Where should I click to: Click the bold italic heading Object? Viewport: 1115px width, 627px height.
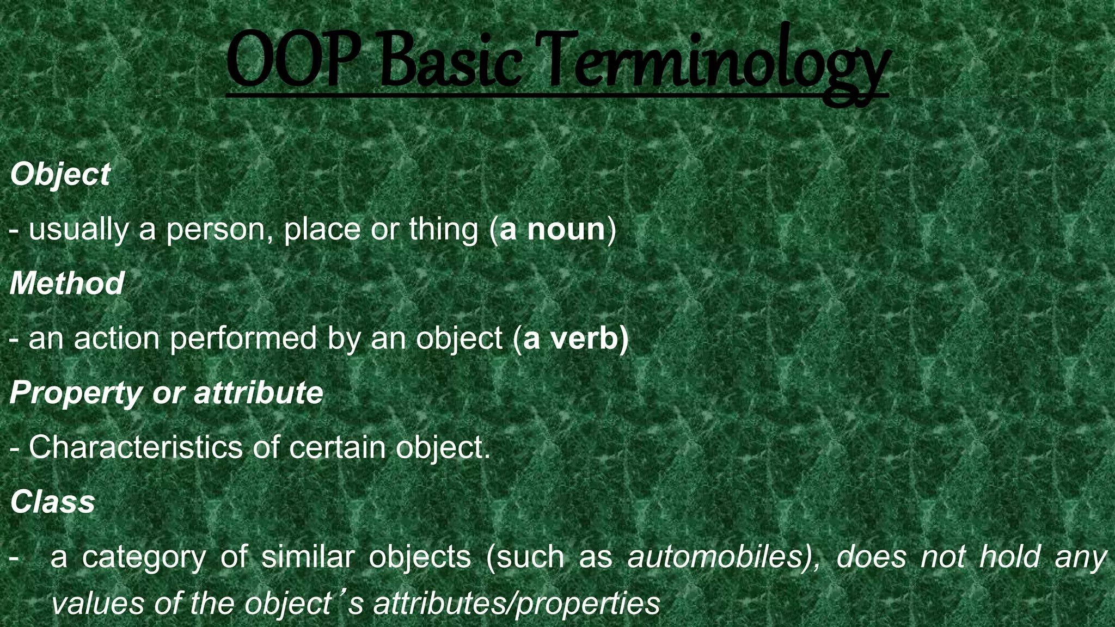(60, 175)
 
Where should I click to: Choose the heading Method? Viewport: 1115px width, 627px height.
(67, 284)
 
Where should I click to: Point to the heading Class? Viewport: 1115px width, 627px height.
(52, 501)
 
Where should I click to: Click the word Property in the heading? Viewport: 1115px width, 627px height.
(76, 393)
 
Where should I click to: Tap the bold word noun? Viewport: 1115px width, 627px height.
(566, 230)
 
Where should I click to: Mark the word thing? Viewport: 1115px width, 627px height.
(443, 230)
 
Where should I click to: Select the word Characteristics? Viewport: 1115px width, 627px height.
(136, 447)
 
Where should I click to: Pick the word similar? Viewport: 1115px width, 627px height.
(308, 556)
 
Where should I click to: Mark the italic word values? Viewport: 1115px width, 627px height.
(97, 603)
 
